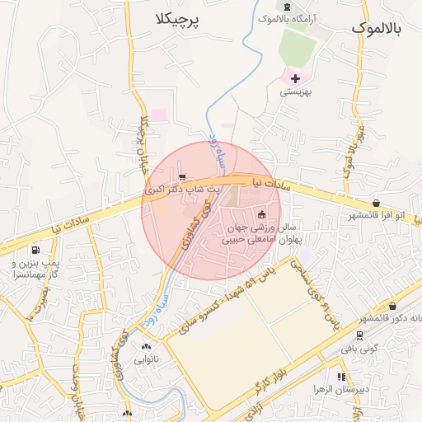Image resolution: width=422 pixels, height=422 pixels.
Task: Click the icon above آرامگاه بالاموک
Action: (286, 6)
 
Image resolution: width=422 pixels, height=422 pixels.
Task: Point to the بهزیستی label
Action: (294, 93)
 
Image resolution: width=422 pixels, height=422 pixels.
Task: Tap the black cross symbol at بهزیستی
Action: (294, 78)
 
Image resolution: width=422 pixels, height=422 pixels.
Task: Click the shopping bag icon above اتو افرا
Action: (376, 203)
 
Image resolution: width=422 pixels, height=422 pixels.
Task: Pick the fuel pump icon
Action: (35, 250)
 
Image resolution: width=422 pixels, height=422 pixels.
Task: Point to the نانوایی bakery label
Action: (148, 360)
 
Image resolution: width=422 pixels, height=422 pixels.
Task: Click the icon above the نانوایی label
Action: (148, 347)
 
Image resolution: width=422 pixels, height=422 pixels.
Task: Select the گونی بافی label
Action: (359, 350)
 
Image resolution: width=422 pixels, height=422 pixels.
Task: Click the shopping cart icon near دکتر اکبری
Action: (182, 176)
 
